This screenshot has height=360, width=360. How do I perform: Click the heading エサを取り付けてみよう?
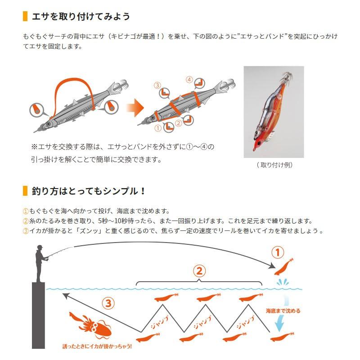(81, 17)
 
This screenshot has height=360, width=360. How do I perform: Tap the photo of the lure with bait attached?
(274, 112)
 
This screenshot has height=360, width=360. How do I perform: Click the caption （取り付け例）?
(274, 165)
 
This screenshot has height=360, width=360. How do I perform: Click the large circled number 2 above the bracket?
(199, 271)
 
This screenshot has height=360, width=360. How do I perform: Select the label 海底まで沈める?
(283, 310)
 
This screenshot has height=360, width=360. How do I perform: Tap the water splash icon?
(283, 283)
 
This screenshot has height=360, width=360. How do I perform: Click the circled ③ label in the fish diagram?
(157, 85)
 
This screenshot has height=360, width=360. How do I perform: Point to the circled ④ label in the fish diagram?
(189, 80)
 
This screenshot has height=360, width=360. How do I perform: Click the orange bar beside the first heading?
(25, 17)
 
